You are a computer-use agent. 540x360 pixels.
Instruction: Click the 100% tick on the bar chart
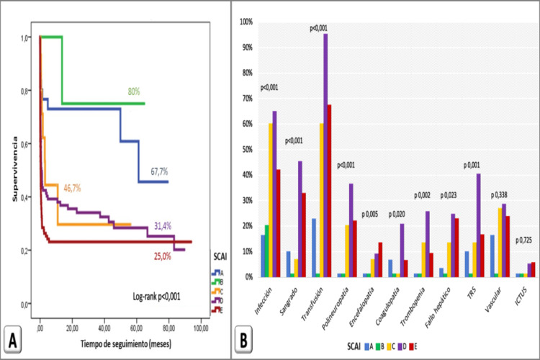pyautogui.click(x=246, y=22)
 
